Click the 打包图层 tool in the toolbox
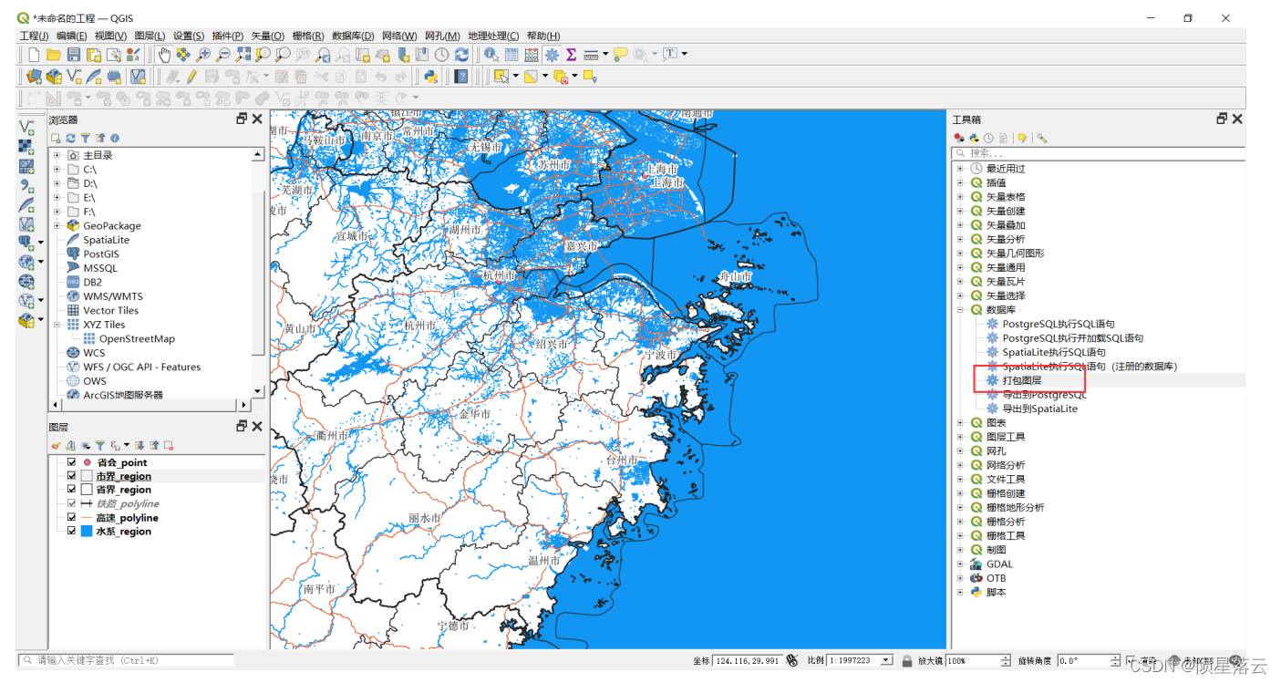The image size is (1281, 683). pyautogui.click(x=1021, y=380)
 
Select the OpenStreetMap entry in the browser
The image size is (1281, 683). pyautogui.click(x=137, y=338)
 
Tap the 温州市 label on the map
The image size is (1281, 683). pyautogui.click(x=544, y=561)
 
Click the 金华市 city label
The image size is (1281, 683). pyautogui.click(x=474, y=414)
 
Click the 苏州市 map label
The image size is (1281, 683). pyautogui.click(x=553, y=165)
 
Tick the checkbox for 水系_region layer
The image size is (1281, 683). pyautogui.click(x=72, y=531)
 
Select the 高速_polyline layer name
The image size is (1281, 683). pyautogui.click(x=127, y=518)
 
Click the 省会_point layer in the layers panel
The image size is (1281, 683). pyautogui.click(x=121, y=462)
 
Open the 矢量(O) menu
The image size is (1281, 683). pyautogui.click(x=266, y=36)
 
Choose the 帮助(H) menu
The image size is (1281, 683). pyautogui.click(x=543, y=36)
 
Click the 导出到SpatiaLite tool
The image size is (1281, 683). pyautogui.click(x=1039, y=409)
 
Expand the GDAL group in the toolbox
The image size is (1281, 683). pyautogui.click(x=959, y=564)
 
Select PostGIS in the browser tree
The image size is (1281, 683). pyautogui.click(x=101, y=254)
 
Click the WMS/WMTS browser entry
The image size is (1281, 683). pyautogui.click(x=113, y=296)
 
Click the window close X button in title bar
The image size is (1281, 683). pyautogui.click(x=1225, y=18)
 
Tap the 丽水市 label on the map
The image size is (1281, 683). pyautogui.click(x=424, y=518)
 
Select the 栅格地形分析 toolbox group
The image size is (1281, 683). pyautogui.click(x=1015, y=507)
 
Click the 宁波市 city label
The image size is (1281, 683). pyautogui.click(x=661, y=354)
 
